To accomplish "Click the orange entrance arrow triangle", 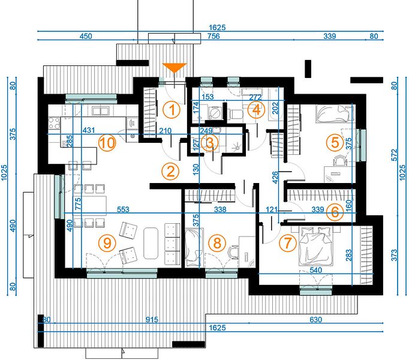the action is (x=175, y=67).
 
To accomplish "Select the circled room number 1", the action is (x=172, y=110).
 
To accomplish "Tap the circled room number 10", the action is (x=107, y=143).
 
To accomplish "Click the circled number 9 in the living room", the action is (x=107, y=243).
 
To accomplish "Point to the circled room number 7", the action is (x=288, y=243).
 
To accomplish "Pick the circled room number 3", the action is (x=210, y=143).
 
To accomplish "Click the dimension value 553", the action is (x=123, y=209).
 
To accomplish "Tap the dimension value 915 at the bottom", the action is (x=152, y=319).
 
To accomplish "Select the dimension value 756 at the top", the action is (x=213, y=36).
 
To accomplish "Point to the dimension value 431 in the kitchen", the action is (x=89, y=130).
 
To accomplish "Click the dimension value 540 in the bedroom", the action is (x=315, y=270).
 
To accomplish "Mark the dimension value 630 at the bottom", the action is (x=315, y=319).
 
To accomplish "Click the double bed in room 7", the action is (x=315, y=246).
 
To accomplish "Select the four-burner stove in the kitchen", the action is (x=54, y=123).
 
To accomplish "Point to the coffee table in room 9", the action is (x=151, y=243).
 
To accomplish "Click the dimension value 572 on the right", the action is (x=395, y=155).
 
